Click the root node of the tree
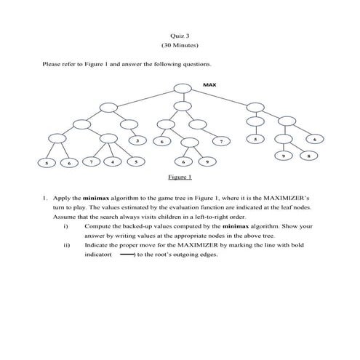click(x=182, y=89)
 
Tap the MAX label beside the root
click(x=209, y=85)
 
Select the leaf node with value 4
click(x=113, y=161)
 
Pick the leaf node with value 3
click(x=136, y=140)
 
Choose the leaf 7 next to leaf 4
click(x=90, y=161)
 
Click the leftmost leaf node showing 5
click(x=47, y=164)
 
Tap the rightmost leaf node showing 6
click(x=314, y=139)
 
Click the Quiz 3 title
click(x=179, y=35)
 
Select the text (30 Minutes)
click(x=179, y=46)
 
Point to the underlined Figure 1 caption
click(x=179, y=177)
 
